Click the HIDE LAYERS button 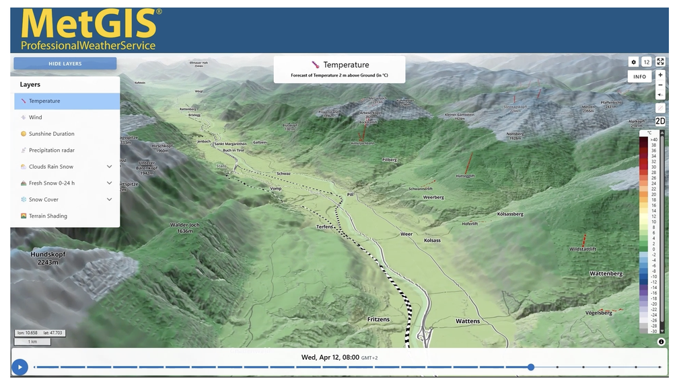65,64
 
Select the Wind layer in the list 35,118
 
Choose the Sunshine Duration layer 51,134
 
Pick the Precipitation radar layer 51,150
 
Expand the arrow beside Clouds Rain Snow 109,167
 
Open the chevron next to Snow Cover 109,200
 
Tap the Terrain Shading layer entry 48,216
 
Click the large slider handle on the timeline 531,367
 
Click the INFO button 639,77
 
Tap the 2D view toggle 660,121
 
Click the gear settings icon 633,62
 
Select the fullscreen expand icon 660,62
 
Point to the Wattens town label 468,321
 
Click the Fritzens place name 378,319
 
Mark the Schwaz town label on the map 283,173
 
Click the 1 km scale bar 32,342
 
